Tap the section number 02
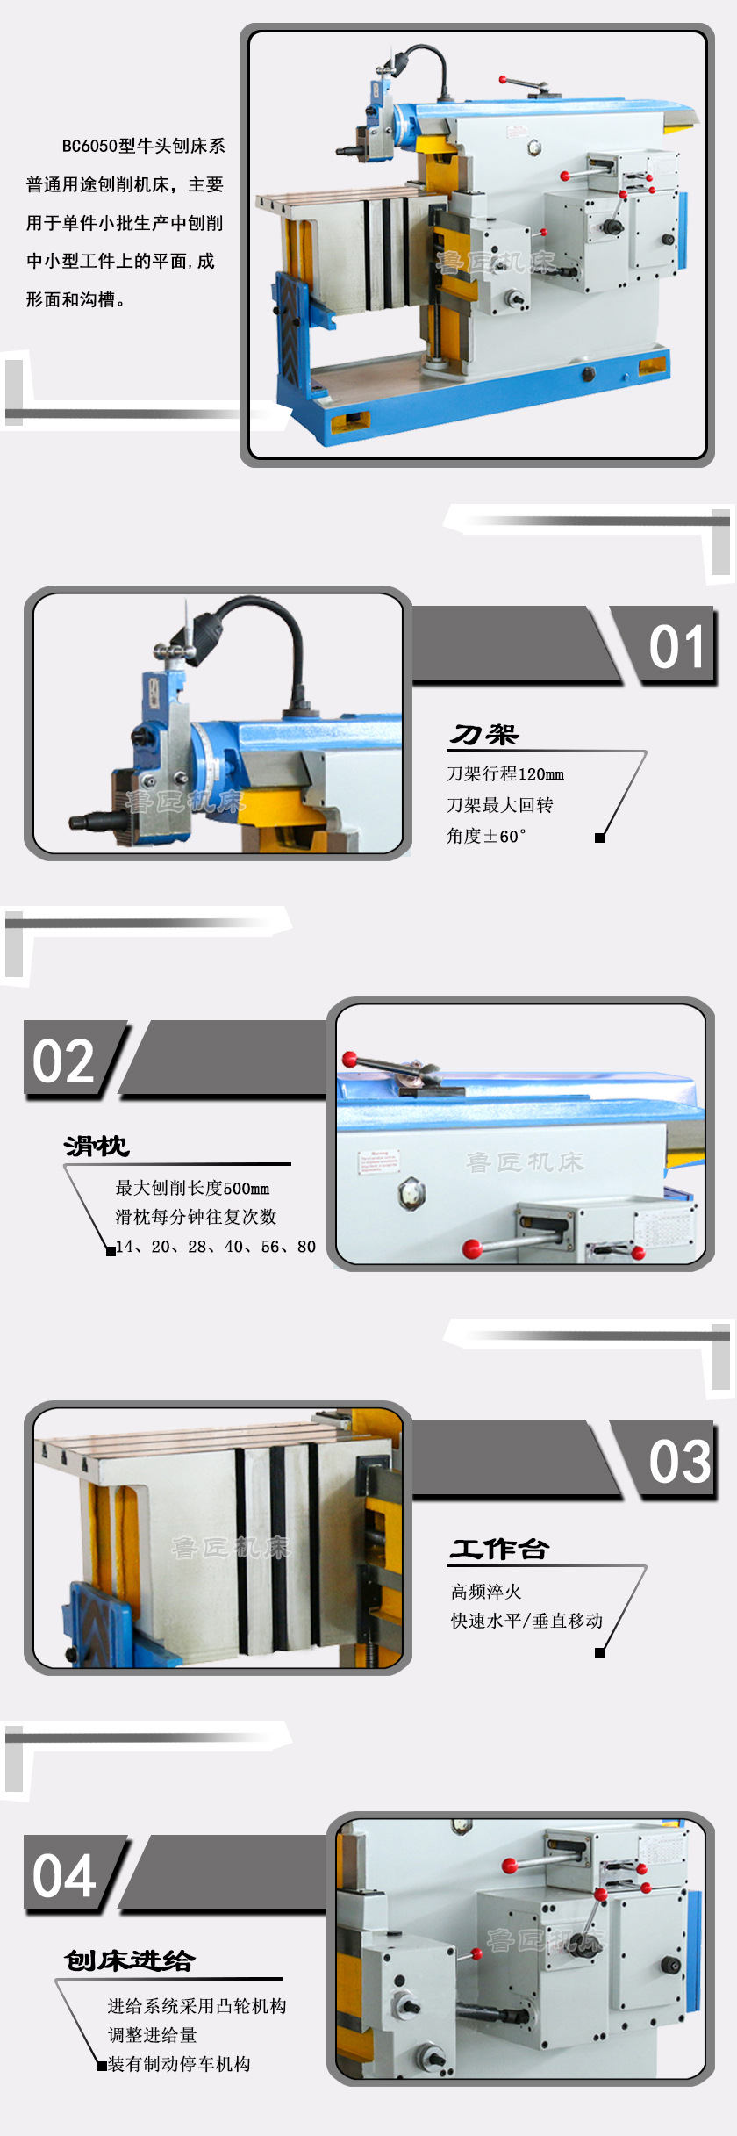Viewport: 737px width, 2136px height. pyautogui.click(x=63, y=1061)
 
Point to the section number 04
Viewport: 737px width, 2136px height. pyautogui.click(x=63, y=1875)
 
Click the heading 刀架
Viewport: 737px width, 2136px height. pyautogui.click(x=484, y=735)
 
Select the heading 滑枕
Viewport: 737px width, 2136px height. pyautogui.click(x=97, y=1146)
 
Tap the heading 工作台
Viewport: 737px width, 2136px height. pyautogui.click(x=499, y=1550)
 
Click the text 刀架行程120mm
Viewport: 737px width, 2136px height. pyautogui.click(x=505, y=774)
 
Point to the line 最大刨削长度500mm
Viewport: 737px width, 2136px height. pyautogui.click(x=192, y=1189)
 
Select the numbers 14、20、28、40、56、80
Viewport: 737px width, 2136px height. pyautogui.click(x=216, y=1247)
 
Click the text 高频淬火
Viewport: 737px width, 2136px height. pyautogui.click(x=486, y=1592)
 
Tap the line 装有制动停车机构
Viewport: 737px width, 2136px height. pyautogui.click(x=179, y=2064)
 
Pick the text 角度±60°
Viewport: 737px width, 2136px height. pyautogui.click(x=486, y=836)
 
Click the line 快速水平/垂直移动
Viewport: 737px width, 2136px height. pyautogui.click(x=526, y=1621)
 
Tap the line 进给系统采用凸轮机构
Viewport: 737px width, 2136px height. pyautogui.click(x=197, y=2006)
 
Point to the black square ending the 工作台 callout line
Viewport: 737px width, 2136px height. pyautogui.click(x=600, y=1653)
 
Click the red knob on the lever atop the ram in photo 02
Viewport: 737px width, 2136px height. pyautogui.click(x=349, y=1059)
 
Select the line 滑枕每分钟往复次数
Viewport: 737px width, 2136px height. pyautogui.click(x=196, y=1217)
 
